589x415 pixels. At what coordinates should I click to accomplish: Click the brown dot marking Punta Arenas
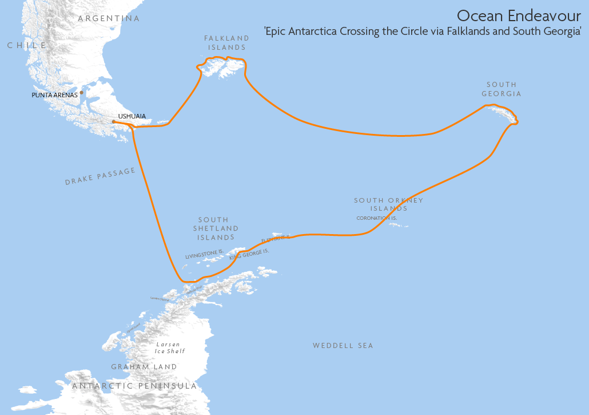81,92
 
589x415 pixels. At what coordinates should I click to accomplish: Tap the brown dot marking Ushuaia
114,121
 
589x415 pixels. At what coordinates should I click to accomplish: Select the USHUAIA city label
132,116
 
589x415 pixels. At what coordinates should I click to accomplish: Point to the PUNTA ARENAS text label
54,95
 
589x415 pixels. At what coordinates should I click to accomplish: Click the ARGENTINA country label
109,18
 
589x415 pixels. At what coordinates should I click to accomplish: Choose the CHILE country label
26,45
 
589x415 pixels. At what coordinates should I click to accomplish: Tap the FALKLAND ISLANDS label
227,43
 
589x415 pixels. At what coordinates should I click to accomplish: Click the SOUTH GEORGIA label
502,89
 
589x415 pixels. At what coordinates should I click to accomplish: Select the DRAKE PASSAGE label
100,176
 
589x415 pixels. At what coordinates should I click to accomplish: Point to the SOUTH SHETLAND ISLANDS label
214,228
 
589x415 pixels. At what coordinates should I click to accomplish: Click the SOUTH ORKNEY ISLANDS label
389,204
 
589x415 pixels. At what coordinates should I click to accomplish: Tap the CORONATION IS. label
376,218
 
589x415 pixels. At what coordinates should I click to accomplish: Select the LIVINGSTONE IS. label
204,254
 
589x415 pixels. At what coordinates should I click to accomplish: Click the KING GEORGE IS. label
249,255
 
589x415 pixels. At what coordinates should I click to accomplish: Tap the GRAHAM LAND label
144,367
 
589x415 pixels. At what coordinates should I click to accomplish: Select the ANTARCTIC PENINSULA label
134,386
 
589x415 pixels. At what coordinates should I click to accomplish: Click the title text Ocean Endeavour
519,15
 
